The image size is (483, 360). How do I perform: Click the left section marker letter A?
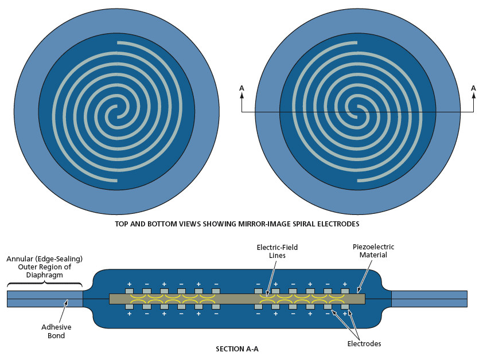point(241,88)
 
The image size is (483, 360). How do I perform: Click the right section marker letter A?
point(473,88)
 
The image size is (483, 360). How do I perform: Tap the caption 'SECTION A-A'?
point(237,349)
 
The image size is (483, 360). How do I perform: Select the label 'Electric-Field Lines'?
point(277,251)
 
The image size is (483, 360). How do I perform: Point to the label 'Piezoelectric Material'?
point(373,251)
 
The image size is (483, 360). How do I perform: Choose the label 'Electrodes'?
point(364,344)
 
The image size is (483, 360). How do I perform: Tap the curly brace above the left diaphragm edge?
point(44,283)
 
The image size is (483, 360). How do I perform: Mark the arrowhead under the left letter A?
point(241,95)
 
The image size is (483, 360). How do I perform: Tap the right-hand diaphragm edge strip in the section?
point(429,299)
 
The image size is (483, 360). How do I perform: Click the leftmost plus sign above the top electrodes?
point(129,284)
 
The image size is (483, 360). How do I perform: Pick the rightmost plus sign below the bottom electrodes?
point(345,314)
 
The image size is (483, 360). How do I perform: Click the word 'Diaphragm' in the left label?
point(44,275)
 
